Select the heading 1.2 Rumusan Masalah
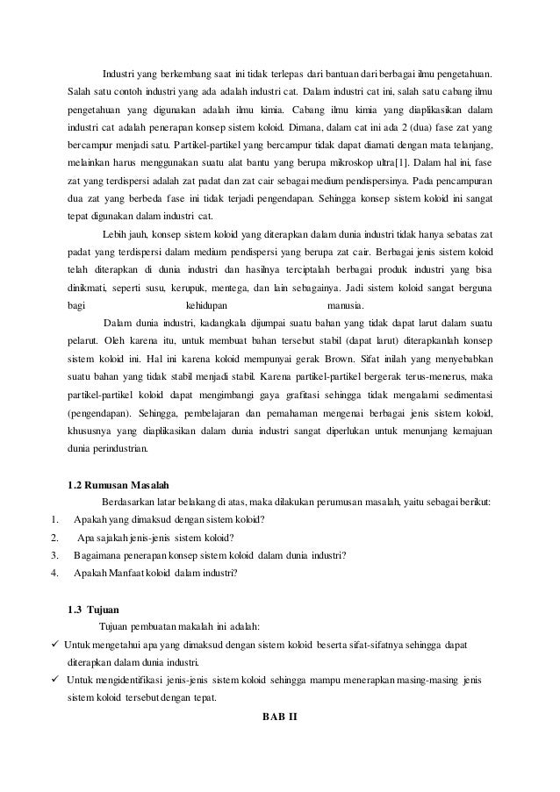tap(118, 484)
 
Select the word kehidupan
tap(207, 306)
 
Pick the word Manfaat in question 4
tap(133, 574)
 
